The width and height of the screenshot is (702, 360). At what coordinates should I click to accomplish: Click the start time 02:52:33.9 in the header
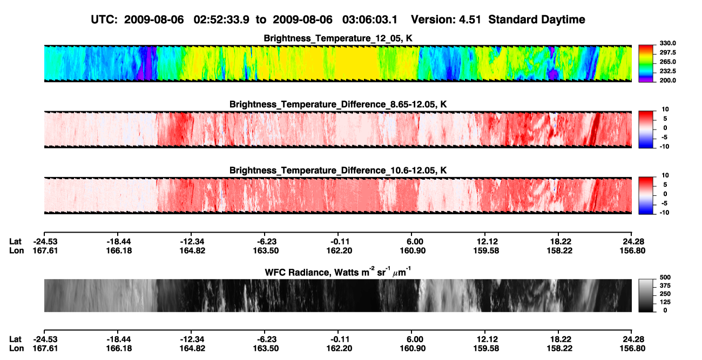(221, 19)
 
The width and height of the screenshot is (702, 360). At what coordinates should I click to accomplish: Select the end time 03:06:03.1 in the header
(370, 19)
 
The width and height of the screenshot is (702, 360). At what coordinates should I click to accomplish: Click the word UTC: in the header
(104, 19)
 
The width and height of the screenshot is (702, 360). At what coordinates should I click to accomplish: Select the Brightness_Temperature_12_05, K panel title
(338, 38)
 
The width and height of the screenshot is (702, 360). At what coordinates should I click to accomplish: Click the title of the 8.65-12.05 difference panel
(338, 104)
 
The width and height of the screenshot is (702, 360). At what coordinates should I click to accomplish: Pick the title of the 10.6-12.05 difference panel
(338, 171)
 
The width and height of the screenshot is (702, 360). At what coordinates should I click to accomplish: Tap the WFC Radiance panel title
(338, 272)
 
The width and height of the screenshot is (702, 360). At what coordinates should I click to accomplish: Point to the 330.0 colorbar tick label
(667, 43)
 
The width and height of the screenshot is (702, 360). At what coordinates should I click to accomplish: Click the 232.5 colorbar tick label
(667, 71)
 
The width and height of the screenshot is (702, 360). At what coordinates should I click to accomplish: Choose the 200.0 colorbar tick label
(667, 80)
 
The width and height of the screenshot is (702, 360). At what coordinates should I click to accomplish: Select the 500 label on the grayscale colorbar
(665, 277)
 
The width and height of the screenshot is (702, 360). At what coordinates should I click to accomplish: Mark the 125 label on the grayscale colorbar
(665, 302)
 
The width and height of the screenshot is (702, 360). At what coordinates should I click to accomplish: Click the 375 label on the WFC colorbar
(665, 286)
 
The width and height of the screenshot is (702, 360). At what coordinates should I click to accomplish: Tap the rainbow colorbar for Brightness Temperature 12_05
(646, 64)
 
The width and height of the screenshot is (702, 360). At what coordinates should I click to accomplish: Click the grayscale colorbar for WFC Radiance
(646, 295)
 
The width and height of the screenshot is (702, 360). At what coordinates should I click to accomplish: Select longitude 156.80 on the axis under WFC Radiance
(632, 349)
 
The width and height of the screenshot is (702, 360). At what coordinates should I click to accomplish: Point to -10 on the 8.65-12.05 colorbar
(665, 147)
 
